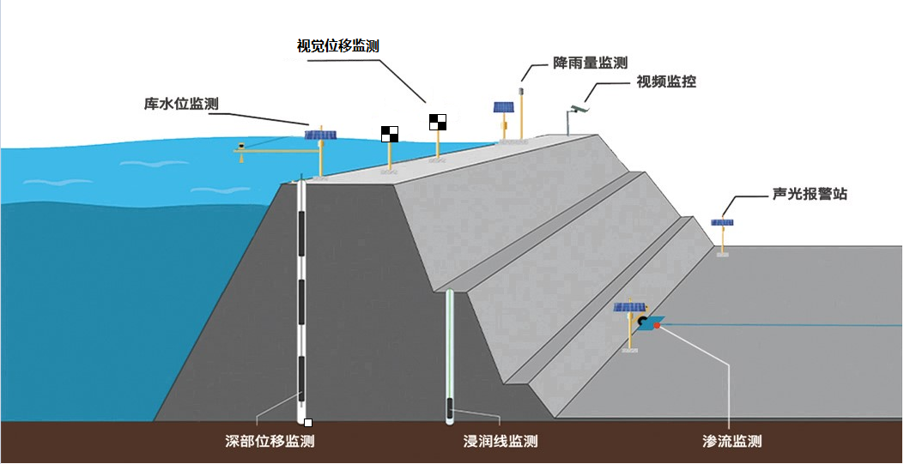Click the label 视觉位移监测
click(338, 45)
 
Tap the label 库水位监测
click(181, 104)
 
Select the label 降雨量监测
click(590, 63)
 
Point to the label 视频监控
click(666, 81)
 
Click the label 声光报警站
click(810, 194)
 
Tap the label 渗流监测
click(732, 442)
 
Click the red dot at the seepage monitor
click(657, 326)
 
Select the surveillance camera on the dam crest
click(579, 108)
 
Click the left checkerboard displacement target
click(390, 134)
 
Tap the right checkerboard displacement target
click(438, 122)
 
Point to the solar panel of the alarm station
click(722, 222)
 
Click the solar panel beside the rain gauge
click(503, 107)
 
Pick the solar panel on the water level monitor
click(320, 135)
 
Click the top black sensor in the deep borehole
click(301, 234)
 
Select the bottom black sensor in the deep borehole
click(301, 378)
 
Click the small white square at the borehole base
click(308, 423)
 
